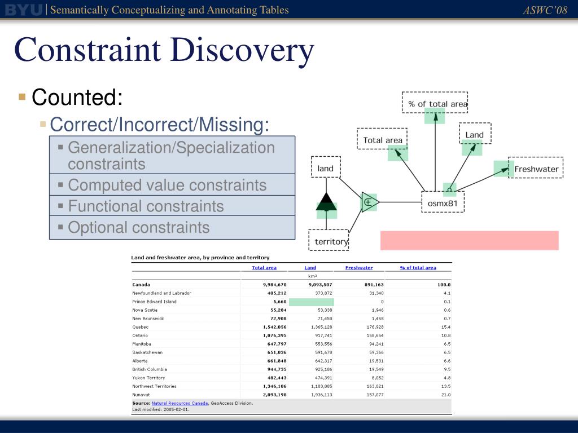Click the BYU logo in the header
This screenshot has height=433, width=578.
tap(23, 10)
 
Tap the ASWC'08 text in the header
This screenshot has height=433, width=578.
tap(545, 10)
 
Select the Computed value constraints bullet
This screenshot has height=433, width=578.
tap(167, 185)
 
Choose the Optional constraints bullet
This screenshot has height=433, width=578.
tap(138, 227)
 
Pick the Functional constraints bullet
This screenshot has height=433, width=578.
tap(146, 206)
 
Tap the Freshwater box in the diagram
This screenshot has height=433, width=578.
tap(536, 169)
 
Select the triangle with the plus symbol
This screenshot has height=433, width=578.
tap(369, 201)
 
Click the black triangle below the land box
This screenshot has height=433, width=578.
tap(326, 201)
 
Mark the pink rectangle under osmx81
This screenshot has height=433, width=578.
tap(469, 240)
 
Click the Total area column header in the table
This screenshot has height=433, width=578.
tap(264, 268)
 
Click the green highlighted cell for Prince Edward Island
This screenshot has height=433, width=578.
tap(310, 302)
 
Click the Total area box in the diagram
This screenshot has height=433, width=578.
tap(382, 140)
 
